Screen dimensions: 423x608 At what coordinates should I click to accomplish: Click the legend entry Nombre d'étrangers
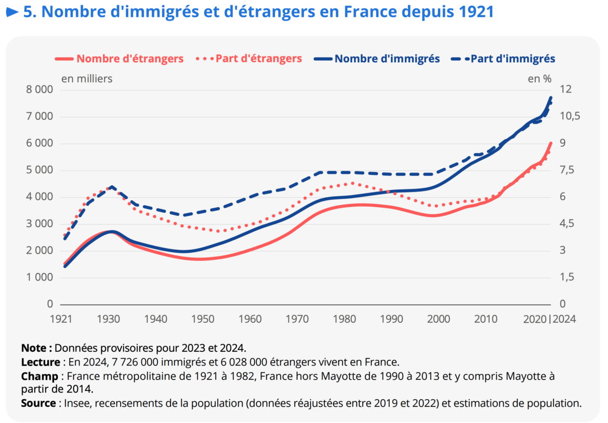pos(129,59)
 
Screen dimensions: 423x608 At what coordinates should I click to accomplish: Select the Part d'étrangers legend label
pos(258,59)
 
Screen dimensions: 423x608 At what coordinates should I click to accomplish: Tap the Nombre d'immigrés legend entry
pos(387,59)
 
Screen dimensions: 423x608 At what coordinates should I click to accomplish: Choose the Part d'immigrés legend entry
pos(513,59)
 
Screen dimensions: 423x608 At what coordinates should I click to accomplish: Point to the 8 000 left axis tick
pos(39,90)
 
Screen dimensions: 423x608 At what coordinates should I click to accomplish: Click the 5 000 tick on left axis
pos(39,170)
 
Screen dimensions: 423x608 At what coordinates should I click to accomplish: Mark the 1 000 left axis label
pos(39,278)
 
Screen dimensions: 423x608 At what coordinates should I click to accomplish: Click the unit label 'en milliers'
pos(87,79)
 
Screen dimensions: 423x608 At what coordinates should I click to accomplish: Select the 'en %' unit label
pos(539,79)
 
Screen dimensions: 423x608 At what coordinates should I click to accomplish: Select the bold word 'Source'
pos(38,403)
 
